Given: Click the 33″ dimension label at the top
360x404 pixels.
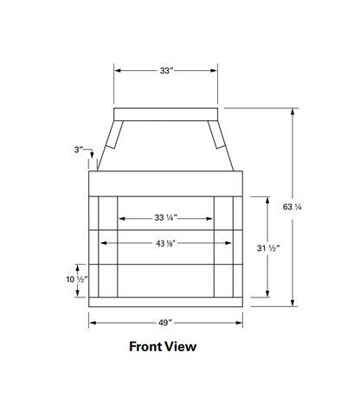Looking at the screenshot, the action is [x=166, y=71].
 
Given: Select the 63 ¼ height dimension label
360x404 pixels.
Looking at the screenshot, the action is [x=292, y=207].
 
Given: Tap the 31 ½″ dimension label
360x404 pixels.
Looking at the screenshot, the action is [x=268, y=248].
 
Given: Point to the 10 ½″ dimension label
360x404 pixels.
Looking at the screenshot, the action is [x=77, y=279].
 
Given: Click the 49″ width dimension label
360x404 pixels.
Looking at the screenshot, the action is [x=165, y=323].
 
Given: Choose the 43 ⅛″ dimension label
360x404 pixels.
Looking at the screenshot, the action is [x=165, y=243].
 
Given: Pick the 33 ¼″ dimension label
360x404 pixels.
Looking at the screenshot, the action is [x=165, y=218].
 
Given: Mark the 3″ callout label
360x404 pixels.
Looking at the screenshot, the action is [x=79, y=150].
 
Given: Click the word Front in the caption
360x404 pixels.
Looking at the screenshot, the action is [x=146, y=347].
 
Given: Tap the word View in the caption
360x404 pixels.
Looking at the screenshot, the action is [x=182, y=347].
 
